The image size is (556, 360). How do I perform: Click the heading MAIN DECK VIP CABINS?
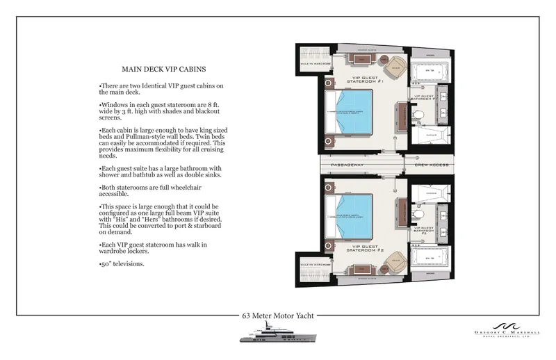[163, 69]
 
